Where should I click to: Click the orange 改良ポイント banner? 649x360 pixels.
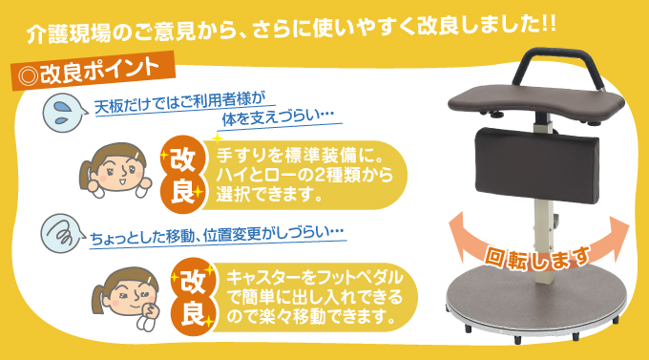(92, 72)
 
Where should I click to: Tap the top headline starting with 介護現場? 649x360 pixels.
(291, 25)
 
